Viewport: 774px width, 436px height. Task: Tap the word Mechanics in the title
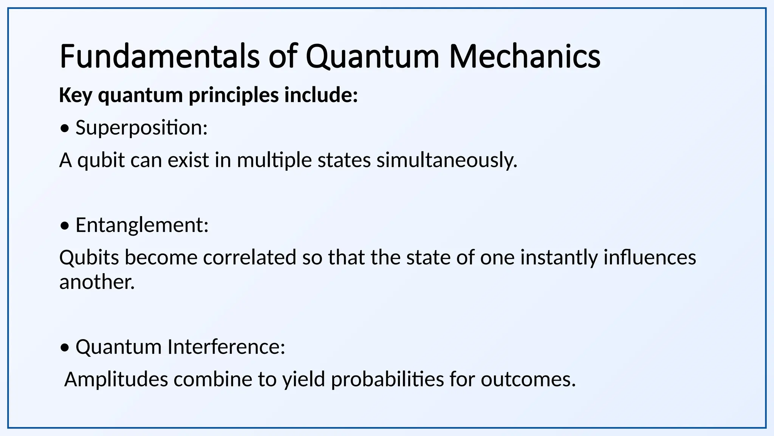point(525,57)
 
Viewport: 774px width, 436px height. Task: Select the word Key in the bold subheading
point(76,95)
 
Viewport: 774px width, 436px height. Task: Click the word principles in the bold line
point(234,95)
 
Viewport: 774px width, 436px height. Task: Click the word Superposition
point(141,128)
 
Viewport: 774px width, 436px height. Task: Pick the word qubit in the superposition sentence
point(101,160)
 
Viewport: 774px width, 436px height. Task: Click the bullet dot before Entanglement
point(65,226)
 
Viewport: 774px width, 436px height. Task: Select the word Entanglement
point(142,225)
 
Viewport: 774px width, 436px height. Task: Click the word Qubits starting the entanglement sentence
point(89,258)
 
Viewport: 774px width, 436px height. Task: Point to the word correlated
point(250,258)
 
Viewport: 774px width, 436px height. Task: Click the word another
point(97,282)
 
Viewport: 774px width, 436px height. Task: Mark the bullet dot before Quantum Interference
point(65,347)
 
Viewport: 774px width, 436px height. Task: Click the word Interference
point(226,347)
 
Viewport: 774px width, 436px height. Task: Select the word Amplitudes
point(116,379)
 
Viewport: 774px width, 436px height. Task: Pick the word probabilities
point(387,379)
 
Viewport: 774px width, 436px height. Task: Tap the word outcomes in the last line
point(528,379)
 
